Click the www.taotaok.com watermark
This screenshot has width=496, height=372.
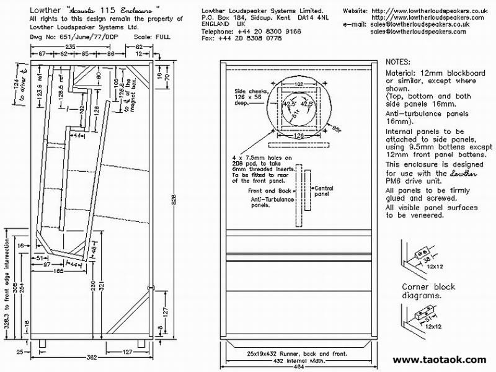[439, 360]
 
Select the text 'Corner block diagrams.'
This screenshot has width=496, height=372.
[428, 292]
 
